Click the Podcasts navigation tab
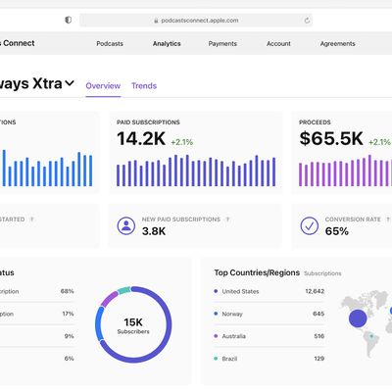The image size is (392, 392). (109, 43)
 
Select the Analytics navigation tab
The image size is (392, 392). (167, 43)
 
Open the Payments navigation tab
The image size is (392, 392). (222, 43)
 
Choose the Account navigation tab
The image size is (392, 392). (278, 43)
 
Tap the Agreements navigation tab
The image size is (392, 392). (337, 43)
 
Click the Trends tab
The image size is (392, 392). (144, 86)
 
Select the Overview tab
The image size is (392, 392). (103, 86)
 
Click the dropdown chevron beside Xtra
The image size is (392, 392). (70, 84)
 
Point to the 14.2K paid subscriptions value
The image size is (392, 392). (141, 139)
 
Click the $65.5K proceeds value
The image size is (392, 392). (332, 139)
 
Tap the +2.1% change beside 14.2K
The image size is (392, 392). (183, 141)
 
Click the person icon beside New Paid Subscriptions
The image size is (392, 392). (125, 226)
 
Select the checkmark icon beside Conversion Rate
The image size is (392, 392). (309, 226)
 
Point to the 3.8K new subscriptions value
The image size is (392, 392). (155, 232)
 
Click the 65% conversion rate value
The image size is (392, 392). (336, 232)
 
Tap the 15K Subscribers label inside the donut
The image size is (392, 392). (133, 325)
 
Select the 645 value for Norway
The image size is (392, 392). (318, 314)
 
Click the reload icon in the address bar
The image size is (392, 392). (307, 20)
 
